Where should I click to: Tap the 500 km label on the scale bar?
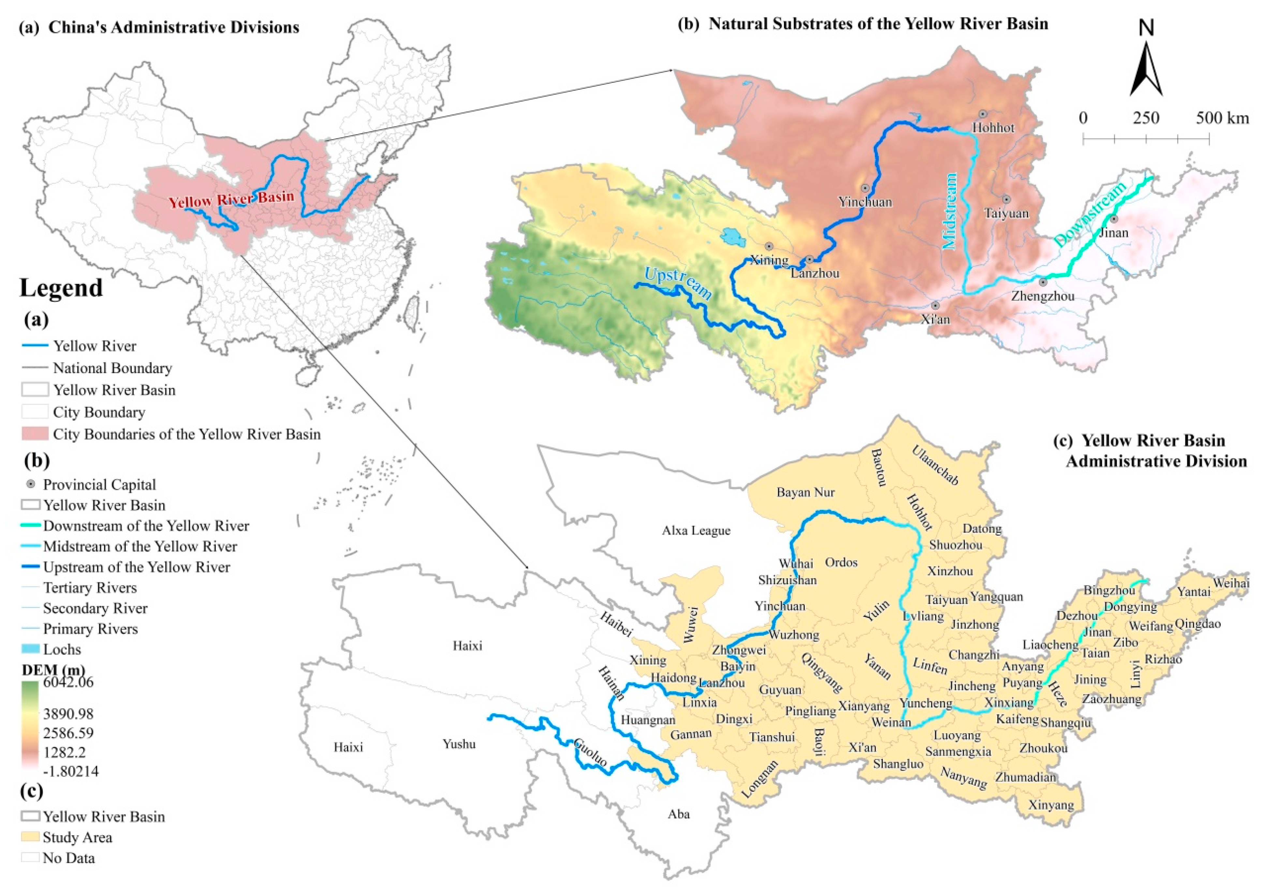[x=1222, y=118]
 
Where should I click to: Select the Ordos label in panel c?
[x=841, y=562]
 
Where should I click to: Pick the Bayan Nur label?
[x=805, y=492]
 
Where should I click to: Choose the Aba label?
[x=678, y=814]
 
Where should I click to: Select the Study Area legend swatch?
[x=31, y=837]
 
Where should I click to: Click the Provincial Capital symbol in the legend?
[x=31, y=484]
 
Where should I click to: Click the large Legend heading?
[x=61, y=288]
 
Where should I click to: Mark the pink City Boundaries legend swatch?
[x=35, y=434]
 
